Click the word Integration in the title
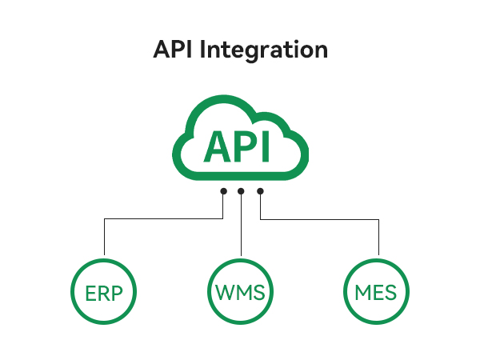coord(263,50)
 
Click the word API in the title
coord(173,49)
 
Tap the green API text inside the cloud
coord(237,146)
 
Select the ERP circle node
coord(104,291)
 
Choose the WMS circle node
coord(240,291)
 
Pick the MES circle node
coord(376,291)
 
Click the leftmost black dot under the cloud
coord(223,191)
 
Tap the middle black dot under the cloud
coord(241,191)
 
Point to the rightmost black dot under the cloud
coord(260,191)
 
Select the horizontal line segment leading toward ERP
coord(163,218)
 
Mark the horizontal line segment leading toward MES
coord(319,219)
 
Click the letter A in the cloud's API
coord(218,146)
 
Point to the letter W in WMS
coord(226,292)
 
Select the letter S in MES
coord(390,292)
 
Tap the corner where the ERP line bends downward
coord(104,219)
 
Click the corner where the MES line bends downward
coord(378,219)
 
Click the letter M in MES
coord(362,292)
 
